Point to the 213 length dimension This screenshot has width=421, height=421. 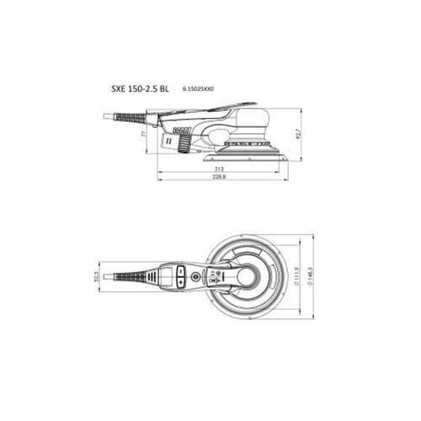point(218,168)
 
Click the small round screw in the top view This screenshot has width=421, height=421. point(196,275)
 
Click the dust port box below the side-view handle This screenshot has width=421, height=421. point(179,131)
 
